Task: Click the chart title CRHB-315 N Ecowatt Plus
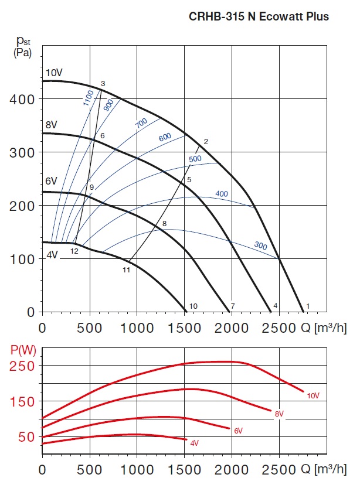click(x=259, y=16)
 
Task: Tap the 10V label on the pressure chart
click(x=54, y=73)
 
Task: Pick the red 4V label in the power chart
click(x=194, y=443)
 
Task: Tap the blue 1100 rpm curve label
click(x=89, y=97)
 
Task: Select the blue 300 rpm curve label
click(x=260, y=245)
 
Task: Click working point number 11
click(x=126, y=270)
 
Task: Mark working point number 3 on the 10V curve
click(x=103, y=84)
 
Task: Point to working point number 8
click(x=165, y=224)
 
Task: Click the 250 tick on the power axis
click(x=23, y=366)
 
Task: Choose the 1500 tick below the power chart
click(x=184, y=469)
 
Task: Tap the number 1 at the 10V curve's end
click(x=307, y=306)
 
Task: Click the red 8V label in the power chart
click(x=279, y=414)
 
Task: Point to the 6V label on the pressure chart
click(x=52, y=181)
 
